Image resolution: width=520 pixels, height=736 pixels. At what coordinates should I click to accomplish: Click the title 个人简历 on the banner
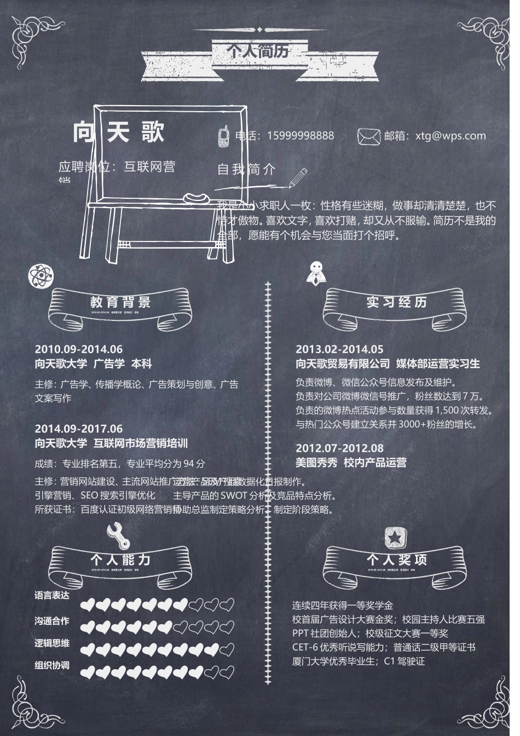tap(258, 51)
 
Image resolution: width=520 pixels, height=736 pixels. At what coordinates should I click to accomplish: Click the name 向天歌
tap(119, 132)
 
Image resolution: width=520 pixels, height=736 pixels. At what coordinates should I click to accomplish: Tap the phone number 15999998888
tap(300, 136)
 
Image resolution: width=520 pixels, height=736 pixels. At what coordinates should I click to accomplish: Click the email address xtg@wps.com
tap(450, 136)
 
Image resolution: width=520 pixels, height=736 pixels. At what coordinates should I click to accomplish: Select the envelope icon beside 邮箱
tap(368, 136)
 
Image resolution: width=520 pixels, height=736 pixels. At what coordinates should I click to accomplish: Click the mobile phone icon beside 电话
tap(224, 136)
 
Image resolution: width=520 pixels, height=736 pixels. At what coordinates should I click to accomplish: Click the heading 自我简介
tap(246, 169)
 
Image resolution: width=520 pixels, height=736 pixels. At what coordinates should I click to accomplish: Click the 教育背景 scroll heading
tap(120, 302)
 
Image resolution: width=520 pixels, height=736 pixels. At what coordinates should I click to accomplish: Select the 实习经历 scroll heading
tap(396, 302)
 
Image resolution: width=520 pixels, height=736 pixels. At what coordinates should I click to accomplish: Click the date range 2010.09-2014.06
tap(79, 349)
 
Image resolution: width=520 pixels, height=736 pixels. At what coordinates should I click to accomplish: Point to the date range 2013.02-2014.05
tap(339, 349)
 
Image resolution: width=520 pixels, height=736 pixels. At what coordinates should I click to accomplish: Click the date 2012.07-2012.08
tap(339, 448)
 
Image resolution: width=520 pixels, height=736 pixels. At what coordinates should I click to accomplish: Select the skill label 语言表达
tap(52, 595)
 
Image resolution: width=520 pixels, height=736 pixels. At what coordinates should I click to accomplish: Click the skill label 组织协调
tap(52, 665)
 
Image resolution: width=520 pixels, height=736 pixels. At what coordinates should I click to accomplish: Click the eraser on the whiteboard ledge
tap(195, 197)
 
